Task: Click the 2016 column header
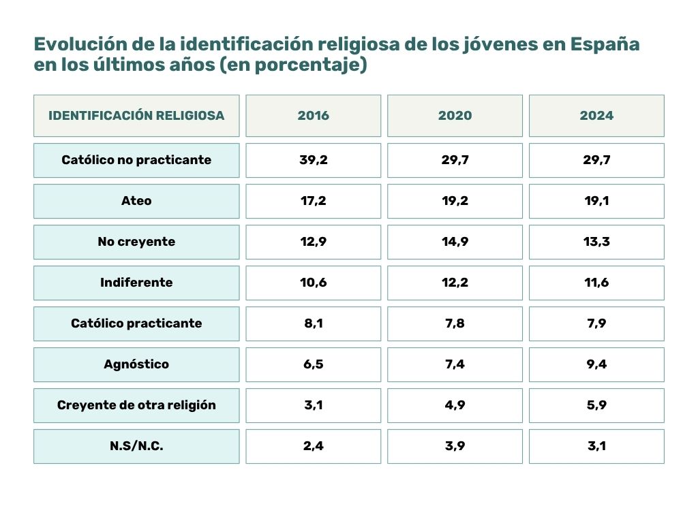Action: [313, 116]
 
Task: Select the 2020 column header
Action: [455, 116]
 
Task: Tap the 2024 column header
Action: [596, 116]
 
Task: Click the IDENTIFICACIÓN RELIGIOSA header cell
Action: [136, 116]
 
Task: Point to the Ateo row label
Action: [136, 201]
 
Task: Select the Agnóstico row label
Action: [136, 364]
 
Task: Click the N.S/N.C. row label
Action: [136, 446]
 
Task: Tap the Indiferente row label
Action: [136, 283]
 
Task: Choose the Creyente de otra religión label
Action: [136, 405]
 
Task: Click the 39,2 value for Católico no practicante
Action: [313, 160]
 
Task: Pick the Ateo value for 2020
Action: [455, 201]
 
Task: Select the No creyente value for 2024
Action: [596, 242]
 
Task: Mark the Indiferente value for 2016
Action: [313, 283]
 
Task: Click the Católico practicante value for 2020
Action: [455, 323]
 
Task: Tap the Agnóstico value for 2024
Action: [596, 364]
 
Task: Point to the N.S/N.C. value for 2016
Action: [313, 446]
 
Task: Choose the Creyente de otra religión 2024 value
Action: [596, 405]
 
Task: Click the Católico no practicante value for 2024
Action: [596, 160]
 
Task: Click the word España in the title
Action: [605, 45]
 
